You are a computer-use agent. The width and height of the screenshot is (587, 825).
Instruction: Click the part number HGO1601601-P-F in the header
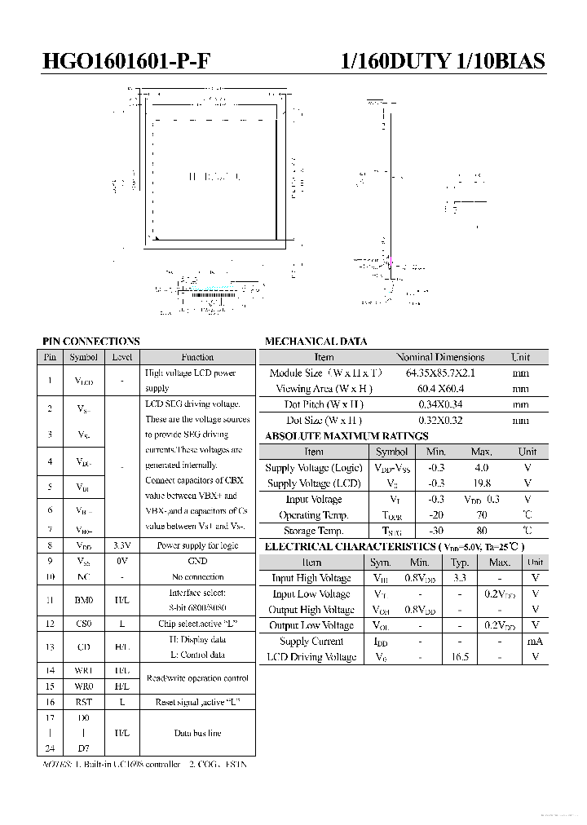pyautogui.click(x=131, y=62)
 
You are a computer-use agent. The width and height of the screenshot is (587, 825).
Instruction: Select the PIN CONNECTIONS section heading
pyautogui.click(x=90, y=342)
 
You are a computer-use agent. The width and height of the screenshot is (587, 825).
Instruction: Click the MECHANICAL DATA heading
pyautogui.click(x=316, y=342)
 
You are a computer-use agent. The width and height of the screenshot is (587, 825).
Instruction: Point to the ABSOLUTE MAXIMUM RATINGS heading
pyautogui.click(x=346, y=436)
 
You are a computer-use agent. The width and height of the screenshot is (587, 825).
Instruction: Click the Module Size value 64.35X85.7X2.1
pyautogui.click(x=440, y=373)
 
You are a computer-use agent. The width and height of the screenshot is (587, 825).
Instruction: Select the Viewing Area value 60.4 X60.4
pyautogui.click(x=440, y=389)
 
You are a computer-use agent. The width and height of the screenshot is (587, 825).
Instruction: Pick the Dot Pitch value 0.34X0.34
pyautogui.click(x=440, y=404)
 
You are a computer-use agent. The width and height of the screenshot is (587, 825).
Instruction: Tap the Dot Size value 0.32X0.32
pyautogui.click(x=440, y=421)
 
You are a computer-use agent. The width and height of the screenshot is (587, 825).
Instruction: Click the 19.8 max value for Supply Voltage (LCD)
pyautogui.click(x=481, y=483)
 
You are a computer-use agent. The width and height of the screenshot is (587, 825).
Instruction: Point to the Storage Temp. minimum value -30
pyautogui.click(x=436, y=531)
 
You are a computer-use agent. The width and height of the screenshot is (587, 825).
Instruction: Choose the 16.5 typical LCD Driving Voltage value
pyautogui.click(x=461, y=656)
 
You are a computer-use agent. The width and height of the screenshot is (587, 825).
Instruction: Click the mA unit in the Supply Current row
pyautogui.click(x=535, y=641)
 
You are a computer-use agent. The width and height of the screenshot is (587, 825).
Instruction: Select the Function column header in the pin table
pyautogui.click(x=197, y=357)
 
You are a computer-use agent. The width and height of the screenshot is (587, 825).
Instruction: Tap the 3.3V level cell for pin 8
pyautogui.click(x=121, y=545)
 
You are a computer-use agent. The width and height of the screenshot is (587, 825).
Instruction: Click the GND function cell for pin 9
pyautogui.click(x=197, y=561)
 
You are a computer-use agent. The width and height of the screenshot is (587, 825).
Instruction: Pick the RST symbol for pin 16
pyautogui.click(x=84, y=702)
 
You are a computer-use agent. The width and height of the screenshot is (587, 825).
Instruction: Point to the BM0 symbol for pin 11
pyautogui.click(x=84, y=600)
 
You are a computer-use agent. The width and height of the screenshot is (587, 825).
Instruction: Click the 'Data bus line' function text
pyautogui.click(x=197, y=733)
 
